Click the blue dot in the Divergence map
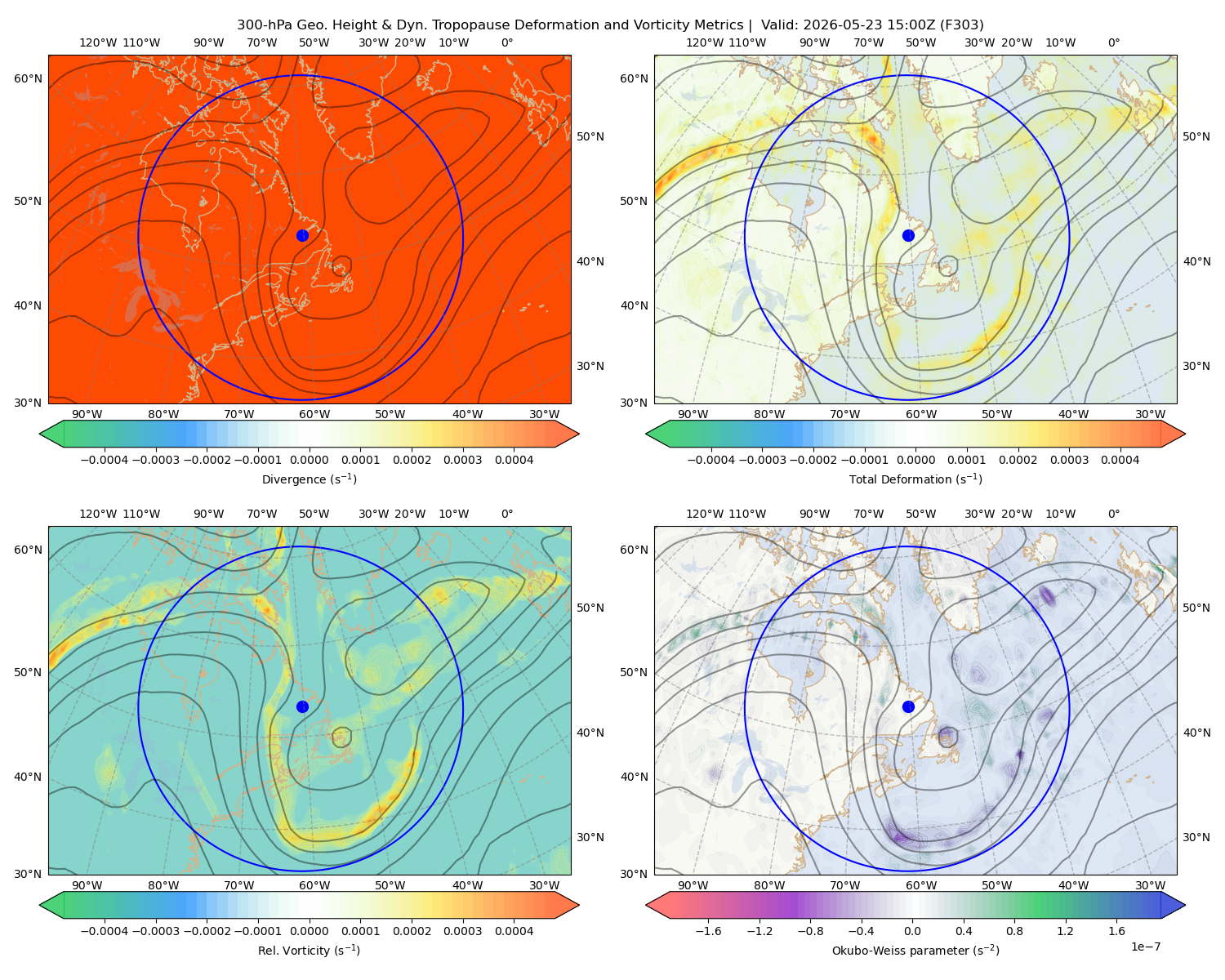tap(302, 235)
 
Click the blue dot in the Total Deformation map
tap(908, 235)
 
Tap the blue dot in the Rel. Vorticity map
tap(302, 706)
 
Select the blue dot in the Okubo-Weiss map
tap(908, 706)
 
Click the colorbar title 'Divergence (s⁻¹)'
tap(309, 479)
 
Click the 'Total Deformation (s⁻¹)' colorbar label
tap(915, 479)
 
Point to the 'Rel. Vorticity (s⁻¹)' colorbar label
tap(309, 950)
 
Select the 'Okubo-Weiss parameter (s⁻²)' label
tap(915, 950)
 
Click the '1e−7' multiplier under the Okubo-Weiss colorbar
tap(1145, 947)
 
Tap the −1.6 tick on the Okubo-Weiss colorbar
tap(708, 930)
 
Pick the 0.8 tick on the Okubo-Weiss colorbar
tap(1014, 930)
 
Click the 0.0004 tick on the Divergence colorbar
tap(514, 460)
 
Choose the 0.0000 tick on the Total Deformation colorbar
tap(916, 460)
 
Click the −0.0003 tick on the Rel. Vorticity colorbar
tap(155, 930)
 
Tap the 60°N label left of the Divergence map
tap(28, 78)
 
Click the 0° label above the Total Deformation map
tap(1113, 42)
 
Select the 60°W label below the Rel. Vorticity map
tap(314, 885)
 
